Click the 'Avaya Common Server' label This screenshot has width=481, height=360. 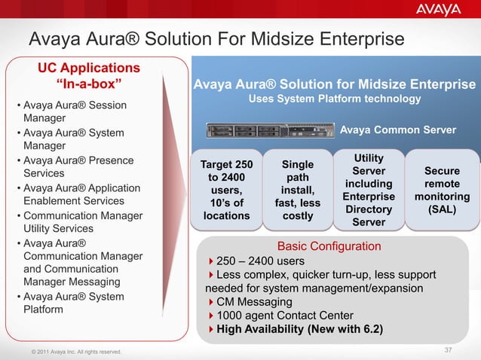click(x=398, y=130)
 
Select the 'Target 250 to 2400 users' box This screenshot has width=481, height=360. click(x=226, y=190)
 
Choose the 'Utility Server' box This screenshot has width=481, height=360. click(x=368, y=190)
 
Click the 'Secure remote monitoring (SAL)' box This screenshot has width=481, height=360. click(x=442, y=190)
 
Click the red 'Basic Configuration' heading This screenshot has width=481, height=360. click(x=329, y=246)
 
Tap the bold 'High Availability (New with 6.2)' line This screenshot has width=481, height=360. click(x=299, y=329)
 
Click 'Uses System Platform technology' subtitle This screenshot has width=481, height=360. click(x=335, y=99)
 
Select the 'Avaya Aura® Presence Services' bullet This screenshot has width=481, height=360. click(x=75, y=166)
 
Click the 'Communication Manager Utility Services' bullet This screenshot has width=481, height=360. click(x=78, y=221)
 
